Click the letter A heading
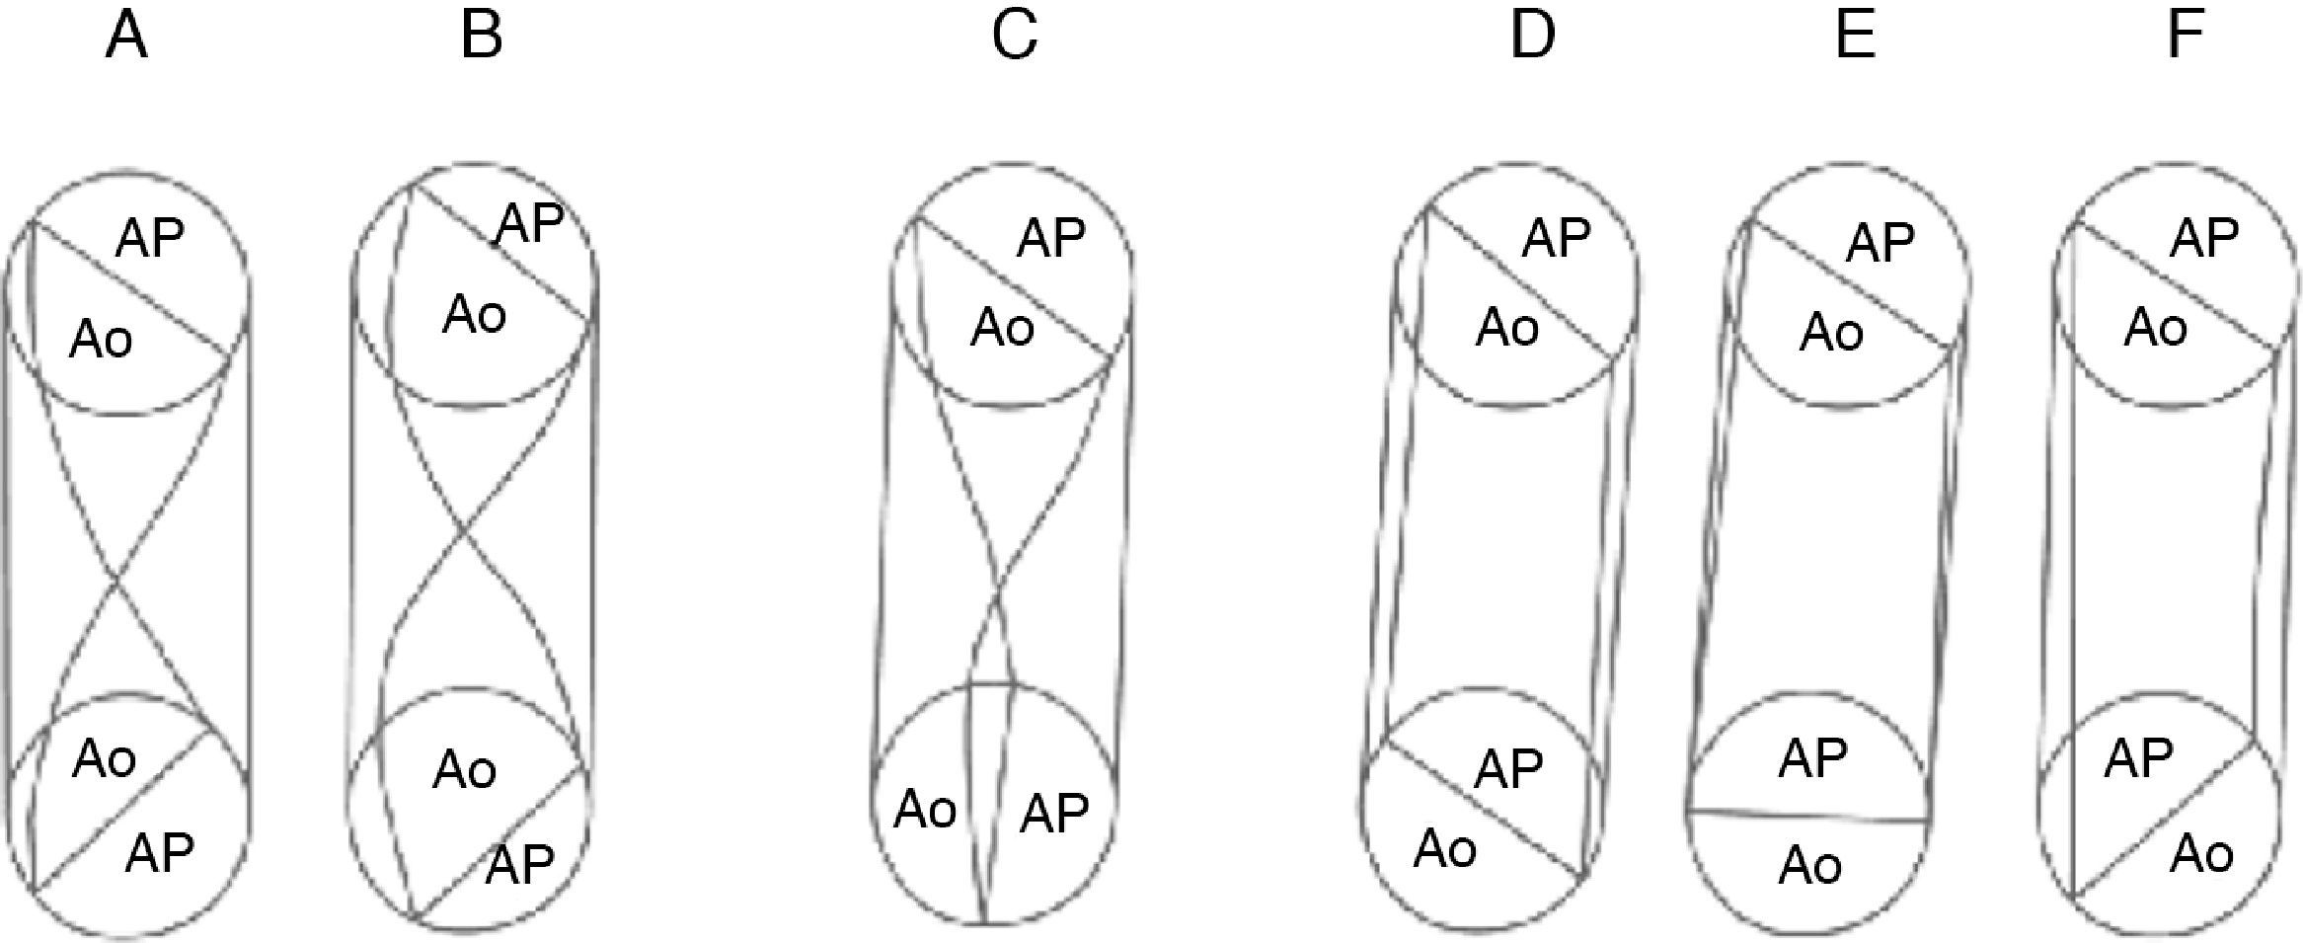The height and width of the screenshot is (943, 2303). (x=126, y=37)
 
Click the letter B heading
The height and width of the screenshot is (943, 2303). (x=482, y=37)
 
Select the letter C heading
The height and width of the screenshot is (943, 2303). (x=1014, y=37)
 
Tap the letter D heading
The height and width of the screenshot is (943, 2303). (x=1532, y=37)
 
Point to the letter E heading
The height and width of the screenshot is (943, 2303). (x=1855, y=37)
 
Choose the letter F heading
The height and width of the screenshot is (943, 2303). (x=2186, y=37)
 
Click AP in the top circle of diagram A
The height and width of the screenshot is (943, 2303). (x=150, y=238)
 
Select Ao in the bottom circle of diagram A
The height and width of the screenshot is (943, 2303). (x=104, y=759)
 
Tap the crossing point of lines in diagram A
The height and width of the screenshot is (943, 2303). (x=118, y=584)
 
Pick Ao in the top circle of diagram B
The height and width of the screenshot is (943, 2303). (x=474, y=315)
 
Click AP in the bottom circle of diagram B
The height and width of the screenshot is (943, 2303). (x=520, y=865)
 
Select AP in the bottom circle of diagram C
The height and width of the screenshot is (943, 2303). (x=1054, y=813)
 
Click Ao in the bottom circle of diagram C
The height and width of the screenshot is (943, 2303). (x=925, y=810)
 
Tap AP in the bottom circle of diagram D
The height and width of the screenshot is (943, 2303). (x=1508, y=768)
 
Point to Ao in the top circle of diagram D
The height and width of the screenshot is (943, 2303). (x=1506, y=327)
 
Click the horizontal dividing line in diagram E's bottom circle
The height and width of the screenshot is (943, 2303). (x=1806, y=816)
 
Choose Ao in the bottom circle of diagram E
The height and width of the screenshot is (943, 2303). (x=1810, y=866)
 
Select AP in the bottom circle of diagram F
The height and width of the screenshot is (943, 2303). (x=2138, y=758)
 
